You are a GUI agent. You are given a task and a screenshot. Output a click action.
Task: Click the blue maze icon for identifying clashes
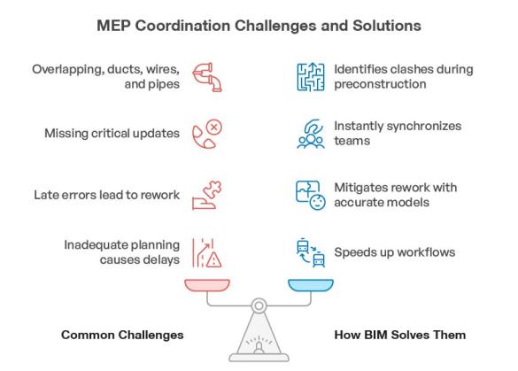click(304, 78)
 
